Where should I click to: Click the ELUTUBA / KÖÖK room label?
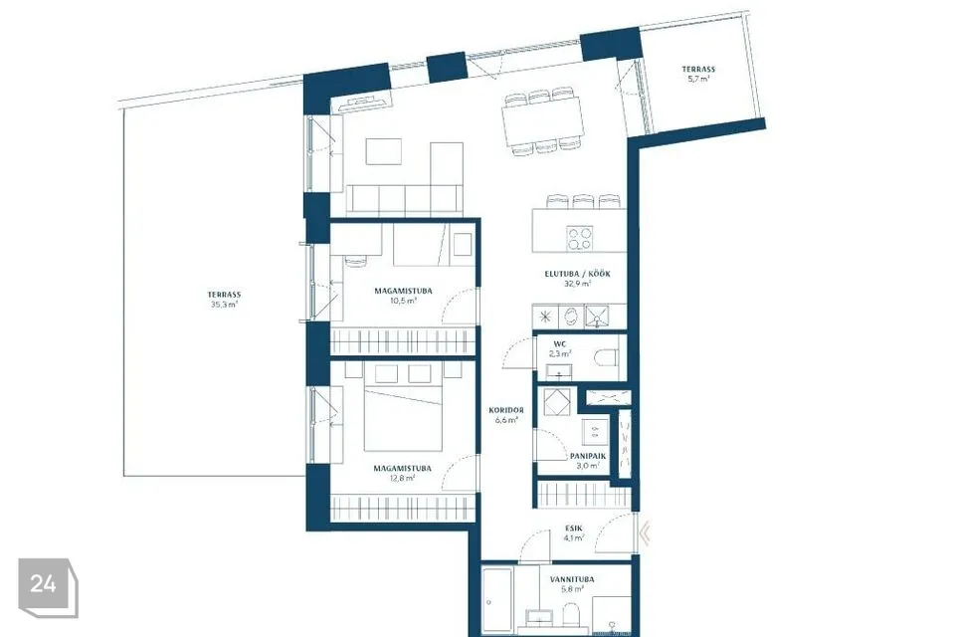point(577,275)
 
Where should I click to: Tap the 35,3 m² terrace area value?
point(224,305)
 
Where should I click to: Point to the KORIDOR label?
point(506,410)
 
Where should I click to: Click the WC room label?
point(560,344)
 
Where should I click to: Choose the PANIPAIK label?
point(588,456)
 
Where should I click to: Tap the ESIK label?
point(573,529)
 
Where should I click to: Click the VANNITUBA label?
point(572,579)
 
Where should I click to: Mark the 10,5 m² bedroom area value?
point(403,301)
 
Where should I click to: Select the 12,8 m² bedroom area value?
point(402,478)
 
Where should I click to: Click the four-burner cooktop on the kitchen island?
point(579,238)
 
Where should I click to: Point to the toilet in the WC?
point(606,357)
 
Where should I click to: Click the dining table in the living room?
point(543,121)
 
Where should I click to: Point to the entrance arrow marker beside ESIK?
point(645,532)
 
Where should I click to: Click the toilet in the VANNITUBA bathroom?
point(571,614)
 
